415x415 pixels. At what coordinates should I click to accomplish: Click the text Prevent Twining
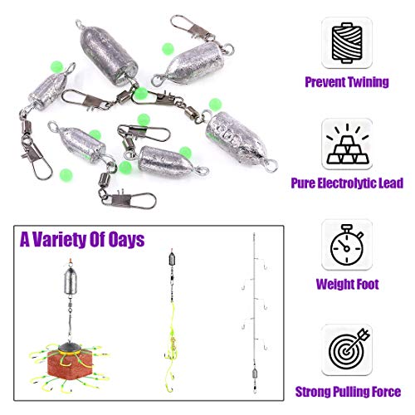[348, 83]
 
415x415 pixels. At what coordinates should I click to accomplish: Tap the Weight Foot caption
[348, 285]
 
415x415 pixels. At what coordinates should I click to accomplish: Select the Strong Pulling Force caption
[348, 391]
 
